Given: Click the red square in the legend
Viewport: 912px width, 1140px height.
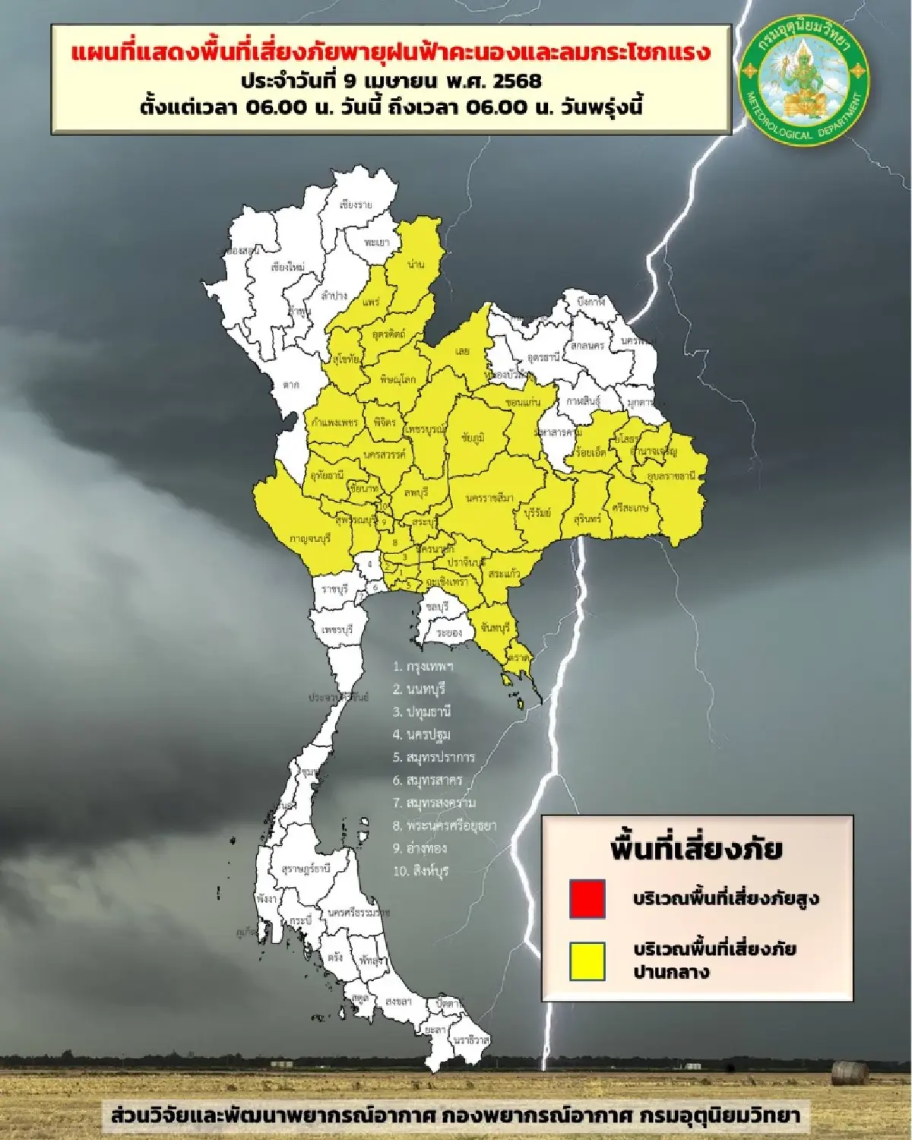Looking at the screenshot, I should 587,898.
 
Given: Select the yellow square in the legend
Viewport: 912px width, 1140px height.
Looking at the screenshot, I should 587,961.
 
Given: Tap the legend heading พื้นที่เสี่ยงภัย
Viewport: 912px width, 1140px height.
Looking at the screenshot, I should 696,848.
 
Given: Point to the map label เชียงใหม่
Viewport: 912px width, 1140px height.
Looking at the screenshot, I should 287,268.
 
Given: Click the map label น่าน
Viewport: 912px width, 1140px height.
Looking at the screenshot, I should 416,264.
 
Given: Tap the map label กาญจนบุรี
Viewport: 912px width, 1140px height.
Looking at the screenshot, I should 310,538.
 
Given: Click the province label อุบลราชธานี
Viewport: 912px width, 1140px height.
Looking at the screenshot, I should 672,476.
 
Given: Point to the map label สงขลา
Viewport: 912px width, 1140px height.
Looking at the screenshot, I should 397,1002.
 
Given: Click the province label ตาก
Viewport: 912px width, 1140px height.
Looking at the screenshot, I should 291,385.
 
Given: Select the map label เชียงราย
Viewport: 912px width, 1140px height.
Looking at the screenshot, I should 356,205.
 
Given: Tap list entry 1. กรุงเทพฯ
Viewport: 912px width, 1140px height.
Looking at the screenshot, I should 423,667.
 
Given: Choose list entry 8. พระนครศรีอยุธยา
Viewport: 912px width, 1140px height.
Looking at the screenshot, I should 445,825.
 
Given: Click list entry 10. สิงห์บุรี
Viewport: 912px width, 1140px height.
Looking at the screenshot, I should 420,871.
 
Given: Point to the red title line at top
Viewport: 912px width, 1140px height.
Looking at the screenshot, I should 391,52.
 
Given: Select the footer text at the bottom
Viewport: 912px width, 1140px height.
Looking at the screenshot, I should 454,1116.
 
